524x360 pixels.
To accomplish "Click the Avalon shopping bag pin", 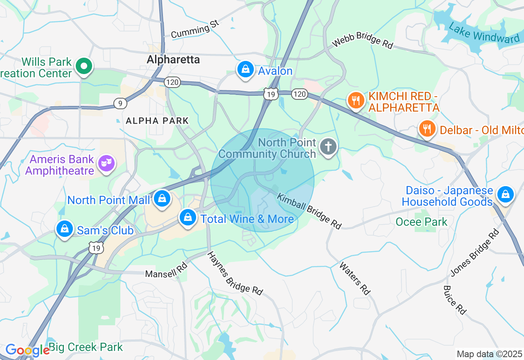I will tap(245, 70).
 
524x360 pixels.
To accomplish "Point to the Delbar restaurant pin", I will tap(427, 129).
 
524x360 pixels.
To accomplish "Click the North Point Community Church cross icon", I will tap(328, 146).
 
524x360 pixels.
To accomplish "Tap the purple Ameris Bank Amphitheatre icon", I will tap(106, 163).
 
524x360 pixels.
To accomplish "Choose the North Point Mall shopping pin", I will tap(162, 199).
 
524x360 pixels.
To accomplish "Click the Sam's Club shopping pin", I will tap(65, 229).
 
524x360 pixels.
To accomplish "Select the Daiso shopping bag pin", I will tap(506, 194).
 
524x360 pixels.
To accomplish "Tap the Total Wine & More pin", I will tap(188, 218).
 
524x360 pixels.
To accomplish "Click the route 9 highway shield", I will tap(120, 103).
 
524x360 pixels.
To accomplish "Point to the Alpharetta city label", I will tap(173, 60).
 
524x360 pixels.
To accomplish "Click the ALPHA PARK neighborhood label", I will tap(157, 121).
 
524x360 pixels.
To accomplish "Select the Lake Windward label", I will tap(484, 33).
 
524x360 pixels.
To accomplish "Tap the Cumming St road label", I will tap(195, 29).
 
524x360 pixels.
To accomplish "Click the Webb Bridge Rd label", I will tap(362, 40).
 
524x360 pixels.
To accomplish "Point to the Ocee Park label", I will tap(421, 222).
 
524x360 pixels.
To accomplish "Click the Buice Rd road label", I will tap(454, 300).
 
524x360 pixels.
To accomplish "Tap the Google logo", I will tap(27, 350).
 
